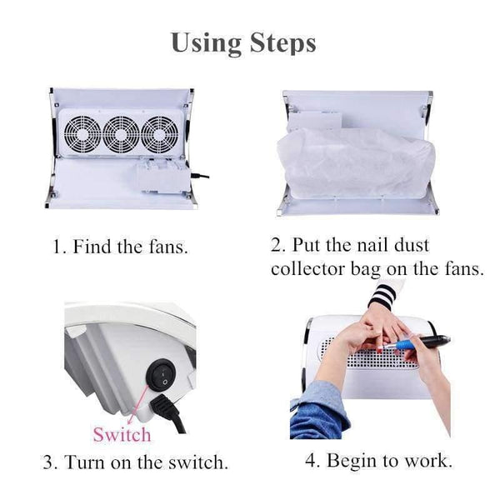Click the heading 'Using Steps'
[243, 43]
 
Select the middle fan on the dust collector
[121, 134]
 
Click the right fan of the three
[160, 134]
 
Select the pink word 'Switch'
[122, 434]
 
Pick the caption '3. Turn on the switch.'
[135, 461]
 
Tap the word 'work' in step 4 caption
[428, 460]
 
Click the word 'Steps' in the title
[282, 43]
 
